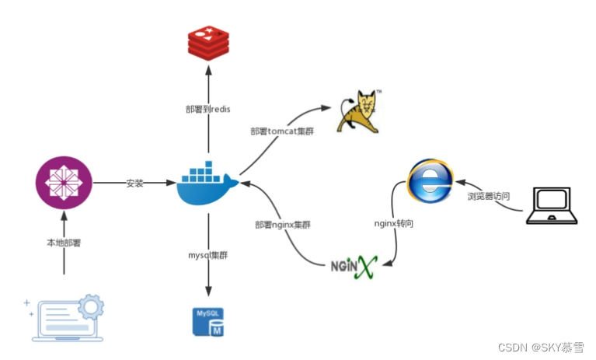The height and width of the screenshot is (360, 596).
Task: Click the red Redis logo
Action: click(208, 42)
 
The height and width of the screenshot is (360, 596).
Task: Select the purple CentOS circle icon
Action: click(64, 183)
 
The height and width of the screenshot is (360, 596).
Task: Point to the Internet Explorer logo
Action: click(430, 184)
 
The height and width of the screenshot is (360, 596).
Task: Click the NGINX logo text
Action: click(354, 267)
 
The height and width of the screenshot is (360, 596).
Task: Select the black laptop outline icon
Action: click(552, 207)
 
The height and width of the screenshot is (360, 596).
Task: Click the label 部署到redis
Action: click(208, 108)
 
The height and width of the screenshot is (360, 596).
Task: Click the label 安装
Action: click(135, 183)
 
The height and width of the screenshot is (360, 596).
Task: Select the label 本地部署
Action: click(64, 243)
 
